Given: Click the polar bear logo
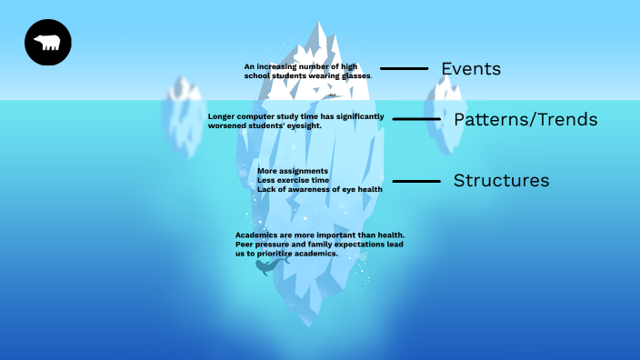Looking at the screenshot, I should click(47, 43).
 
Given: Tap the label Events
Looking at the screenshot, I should click(471, 69).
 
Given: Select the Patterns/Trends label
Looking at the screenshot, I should click(525, 120).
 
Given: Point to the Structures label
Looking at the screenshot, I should click(501, 181).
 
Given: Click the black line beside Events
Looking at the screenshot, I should click(404, 69).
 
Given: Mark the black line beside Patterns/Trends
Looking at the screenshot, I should click(416, 119).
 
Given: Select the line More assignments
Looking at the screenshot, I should click(293, 171).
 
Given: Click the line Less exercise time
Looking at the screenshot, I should click(293, 180).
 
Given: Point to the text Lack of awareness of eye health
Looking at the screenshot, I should click(319, 189).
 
